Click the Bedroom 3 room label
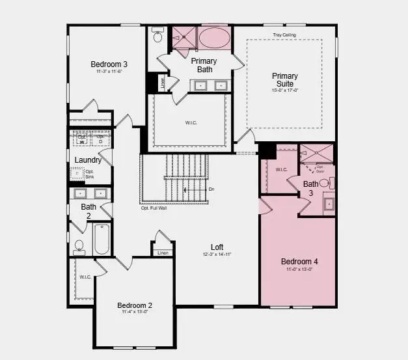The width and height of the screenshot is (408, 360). pos(109,64)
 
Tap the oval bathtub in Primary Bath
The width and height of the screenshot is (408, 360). pos(213,37)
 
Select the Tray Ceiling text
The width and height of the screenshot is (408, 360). pos(284,35)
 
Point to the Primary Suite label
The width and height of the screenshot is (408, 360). pos(284,80)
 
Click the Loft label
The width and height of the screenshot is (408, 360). pos(217,247)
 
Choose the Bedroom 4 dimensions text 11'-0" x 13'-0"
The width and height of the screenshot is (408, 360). pos(299,270)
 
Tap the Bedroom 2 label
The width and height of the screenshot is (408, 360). pos(135,305)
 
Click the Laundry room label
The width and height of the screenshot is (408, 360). pos(88,160)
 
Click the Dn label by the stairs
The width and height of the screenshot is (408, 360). pos(211,189)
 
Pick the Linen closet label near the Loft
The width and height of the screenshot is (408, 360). pos(163,253)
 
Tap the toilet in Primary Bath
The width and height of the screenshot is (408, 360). pos(157,37)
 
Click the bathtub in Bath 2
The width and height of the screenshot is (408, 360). pos(101,240)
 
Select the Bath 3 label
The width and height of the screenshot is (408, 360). pos(311,188)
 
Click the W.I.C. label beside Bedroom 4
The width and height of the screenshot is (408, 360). pos(281,170)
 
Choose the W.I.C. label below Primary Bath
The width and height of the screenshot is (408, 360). pos(191,122)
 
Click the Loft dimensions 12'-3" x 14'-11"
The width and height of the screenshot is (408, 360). pos(217,254)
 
